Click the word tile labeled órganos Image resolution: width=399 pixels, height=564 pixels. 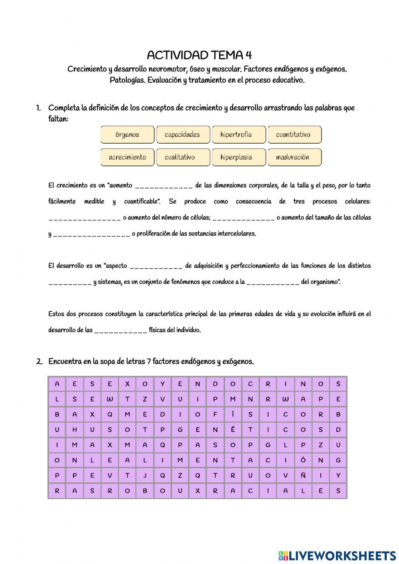pos(127,135)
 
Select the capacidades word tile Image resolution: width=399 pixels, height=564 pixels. pos(183,135)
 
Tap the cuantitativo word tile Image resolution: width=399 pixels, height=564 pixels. pos(294,135)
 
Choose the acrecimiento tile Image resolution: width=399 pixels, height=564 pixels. pos(127,157)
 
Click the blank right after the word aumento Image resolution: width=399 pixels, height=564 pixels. pos(164,186)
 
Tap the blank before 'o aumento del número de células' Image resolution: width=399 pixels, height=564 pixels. pos(84,218)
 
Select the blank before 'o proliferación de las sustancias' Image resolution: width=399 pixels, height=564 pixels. pos(91,234)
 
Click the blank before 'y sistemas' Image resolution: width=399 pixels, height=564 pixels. pos(70,283)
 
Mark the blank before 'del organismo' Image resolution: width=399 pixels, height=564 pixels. pos(273,283)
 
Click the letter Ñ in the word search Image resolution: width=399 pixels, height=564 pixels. pos(303,475)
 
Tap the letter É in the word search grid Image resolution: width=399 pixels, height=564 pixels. pos(233,430)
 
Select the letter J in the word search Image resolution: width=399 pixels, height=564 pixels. pos(145,475)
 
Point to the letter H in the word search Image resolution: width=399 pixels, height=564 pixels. pos(75,430)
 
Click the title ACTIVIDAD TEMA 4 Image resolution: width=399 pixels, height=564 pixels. pos(199,55)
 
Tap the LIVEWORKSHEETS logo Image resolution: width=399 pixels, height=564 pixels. pos(337,555)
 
